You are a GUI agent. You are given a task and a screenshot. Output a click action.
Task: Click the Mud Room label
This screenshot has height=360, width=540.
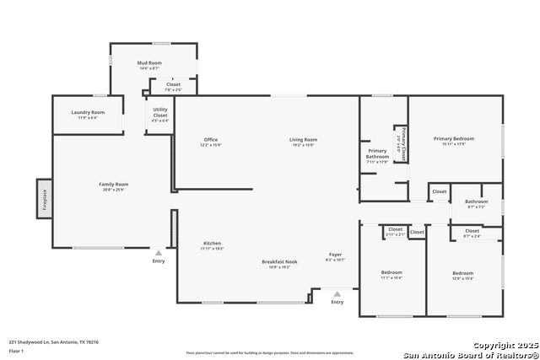(x=149, y=63)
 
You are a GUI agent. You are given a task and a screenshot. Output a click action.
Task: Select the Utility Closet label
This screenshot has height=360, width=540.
(x=159, y=115)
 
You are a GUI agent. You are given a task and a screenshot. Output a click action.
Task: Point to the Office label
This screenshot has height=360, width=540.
(x=211, y=140)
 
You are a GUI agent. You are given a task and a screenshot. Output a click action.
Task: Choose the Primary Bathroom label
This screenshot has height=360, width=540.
(x=377, y=153)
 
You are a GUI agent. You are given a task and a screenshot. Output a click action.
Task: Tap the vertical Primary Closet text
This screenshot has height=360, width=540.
(x=404, y=143)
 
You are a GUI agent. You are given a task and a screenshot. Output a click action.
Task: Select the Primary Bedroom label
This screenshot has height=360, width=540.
(x=454, y=139)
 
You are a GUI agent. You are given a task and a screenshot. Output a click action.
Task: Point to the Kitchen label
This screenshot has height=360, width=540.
(x=211, y=243)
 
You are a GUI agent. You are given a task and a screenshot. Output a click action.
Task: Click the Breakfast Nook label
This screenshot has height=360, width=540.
(x=278, y=263)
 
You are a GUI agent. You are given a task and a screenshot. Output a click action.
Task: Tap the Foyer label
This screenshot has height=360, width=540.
(x=336, y=255)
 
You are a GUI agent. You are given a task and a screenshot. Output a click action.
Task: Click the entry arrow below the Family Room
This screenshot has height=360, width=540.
(x=158, y=253)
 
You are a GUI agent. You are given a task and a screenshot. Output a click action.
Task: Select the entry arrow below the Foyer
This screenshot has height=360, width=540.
(x=337, y=294)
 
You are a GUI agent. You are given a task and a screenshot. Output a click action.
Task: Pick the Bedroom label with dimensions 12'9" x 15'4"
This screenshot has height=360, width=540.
(x=462, y=273)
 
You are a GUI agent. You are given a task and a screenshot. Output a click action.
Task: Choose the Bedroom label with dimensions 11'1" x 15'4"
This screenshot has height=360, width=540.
(x=391, y=273)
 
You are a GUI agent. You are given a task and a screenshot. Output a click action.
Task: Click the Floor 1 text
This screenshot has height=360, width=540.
(x=17, y=350)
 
